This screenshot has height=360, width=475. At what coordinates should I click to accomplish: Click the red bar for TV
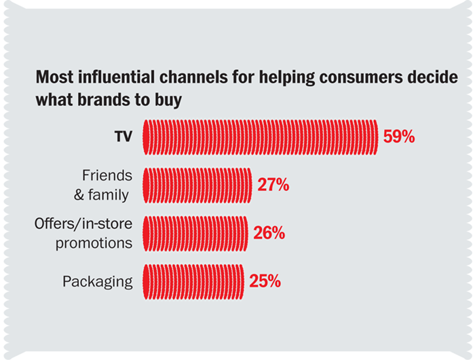(x=261, y=137)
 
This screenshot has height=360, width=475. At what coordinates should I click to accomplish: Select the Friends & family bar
(x=197, y=185)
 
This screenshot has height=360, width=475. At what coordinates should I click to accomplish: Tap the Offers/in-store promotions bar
(x=195, y=234)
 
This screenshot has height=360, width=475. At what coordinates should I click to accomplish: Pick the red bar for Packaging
(x=193, y=282)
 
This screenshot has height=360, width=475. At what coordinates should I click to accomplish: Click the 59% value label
(x=399, y=137)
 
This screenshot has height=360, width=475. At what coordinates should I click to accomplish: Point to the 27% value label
(x=273, y=185)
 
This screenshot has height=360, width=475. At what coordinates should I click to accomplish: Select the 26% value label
(x=269, y=233)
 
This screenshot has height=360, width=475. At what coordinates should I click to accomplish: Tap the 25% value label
(x=265, y=281)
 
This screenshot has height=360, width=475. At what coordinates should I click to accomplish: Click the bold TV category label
(x=123, y=137)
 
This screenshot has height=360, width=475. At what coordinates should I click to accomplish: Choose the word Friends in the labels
(x=107, y=175)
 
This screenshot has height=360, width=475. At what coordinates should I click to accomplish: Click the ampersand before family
(x=79, y=195)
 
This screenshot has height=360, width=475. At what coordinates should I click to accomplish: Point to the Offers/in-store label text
(x=83, y=224)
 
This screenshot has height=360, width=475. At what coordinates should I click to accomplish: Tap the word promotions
(x=94, y=243)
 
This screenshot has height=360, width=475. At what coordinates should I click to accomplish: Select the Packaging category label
(x=98, y=282)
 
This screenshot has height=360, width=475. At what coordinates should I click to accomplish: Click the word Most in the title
(x=54, y=77)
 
